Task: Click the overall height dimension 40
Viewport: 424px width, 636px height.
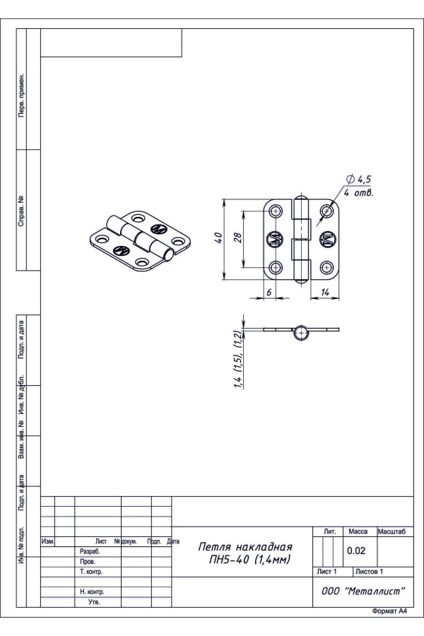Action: point(218,237)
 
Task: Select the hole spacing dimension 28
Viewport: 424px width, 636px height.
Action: point(237,237)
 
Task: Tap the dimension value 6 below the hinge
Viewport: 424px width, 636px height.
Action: point(269,292)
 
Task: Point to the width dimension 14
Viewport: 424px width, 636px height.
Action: point(325,292)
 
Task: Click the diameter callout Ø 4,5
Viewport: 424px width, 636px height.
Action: point(358,179)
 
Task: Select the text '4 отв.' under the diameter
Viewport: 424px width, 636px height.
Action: point(358,192)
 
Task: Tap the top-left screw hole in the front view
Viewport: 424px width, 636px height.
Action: point(276,211)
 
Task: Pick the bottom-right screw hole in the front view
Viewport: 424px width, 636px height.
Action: point(326,267)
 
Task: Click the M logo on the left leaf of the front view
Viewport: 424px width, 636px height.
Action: point(275,240)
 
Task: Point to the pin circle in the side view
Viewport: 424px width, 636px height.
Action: point(300,333)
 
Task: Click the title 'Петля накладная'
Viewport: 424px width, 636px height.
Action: point(245,547)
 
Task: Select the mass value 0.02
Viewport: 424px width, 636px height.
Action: point(356,550)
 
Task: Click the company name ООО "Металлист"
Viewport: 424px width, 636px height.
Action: point(363,591)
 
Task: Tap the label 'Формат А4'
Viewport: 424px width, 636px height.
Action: point(389,611)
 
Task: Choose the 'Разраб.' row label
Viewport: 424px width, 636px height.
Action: point(90,552)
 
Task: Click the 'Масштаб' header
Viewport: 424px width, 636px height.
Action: point(391,531)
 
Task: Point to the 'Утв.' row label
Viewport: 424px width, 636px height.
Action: point(94,602)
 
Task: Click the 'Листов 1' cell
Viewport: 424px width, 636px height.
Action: point(369,572)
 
